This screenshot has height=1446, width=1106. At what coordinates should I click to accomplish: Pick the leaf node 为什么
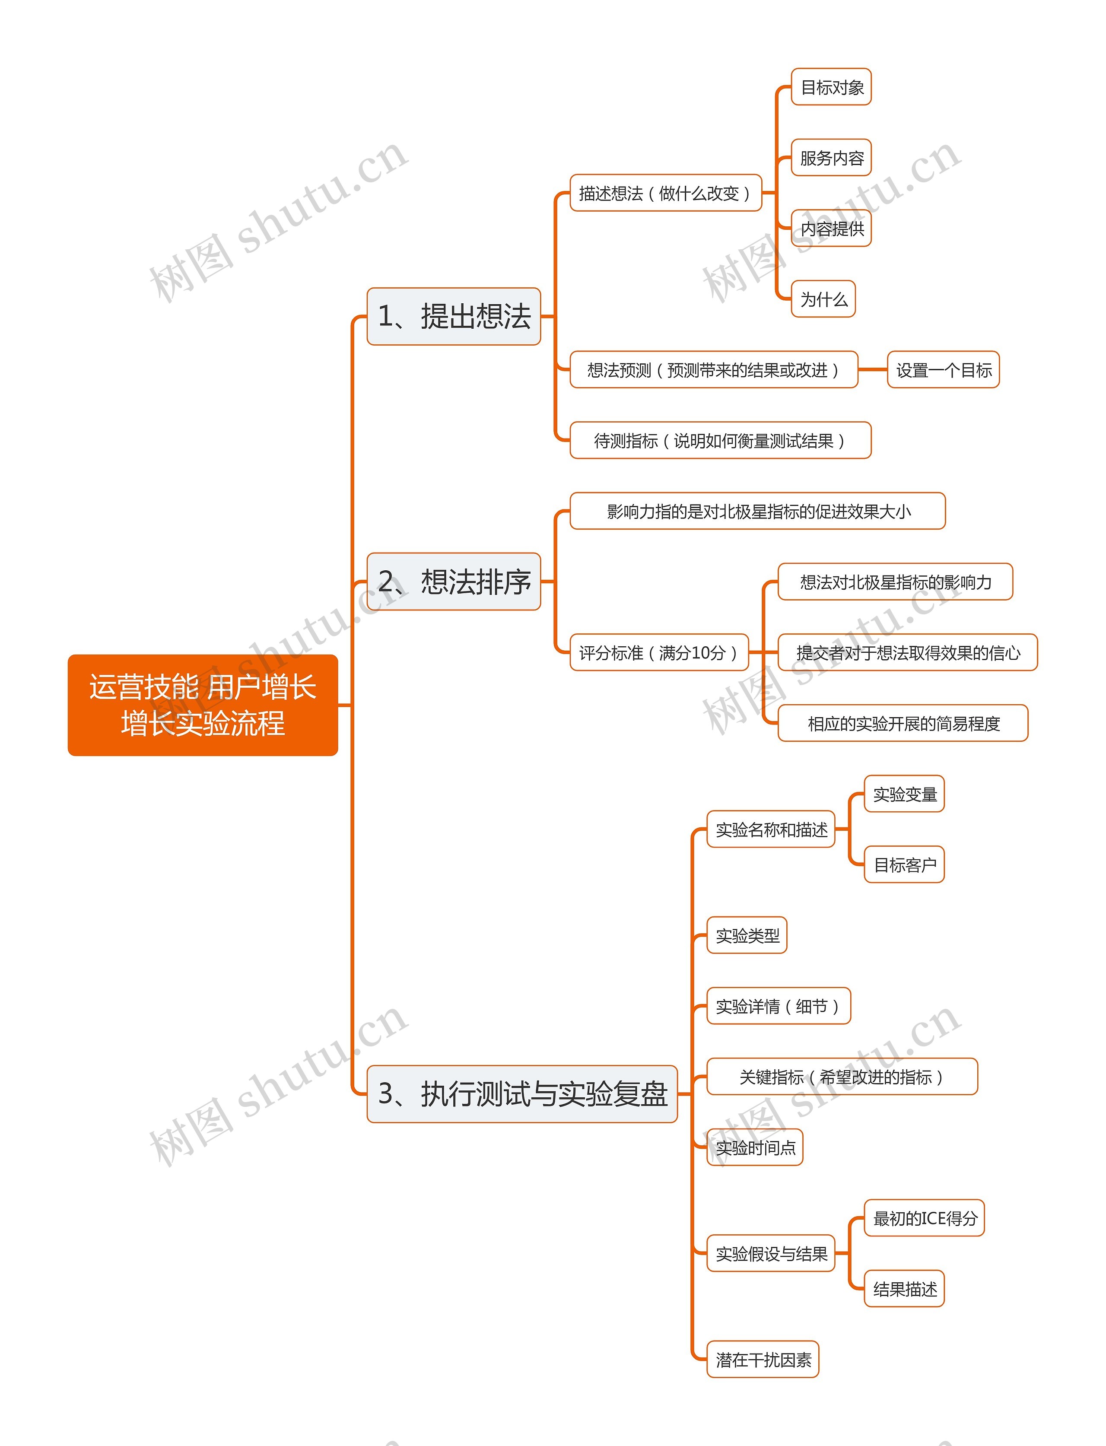point(823,299)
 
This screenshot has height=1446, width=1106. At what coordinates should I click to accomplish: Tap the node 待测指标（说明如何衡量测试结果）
point(720,440)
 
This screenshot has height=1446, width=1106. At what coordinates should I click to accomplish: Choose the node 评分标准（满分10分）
point(658,652)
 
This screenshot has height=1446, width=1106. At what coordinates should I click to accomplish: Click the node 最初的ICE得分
point(924,1217)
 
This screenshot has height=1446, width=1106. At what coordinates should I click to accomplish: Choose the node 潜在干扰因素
point(763,1359)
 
